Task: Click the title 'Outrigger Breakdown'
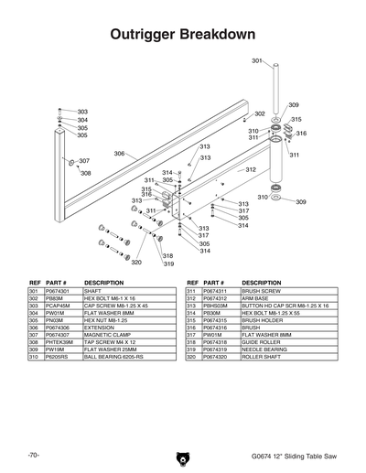pos(181,35)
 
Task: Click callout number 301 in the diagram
pos(257,60)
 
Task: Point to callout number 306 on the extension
pos(119,154)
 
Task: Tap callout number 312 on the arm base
pos(250,170)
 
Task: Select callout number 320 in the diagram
pos(136,262)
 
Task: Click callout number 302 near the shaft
pos(260,114)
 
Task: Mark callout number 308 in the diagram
pos(85,173)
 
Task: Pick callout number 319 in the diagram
pos(168,263)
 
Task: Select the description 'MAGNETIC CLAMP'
pos(109,335)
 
